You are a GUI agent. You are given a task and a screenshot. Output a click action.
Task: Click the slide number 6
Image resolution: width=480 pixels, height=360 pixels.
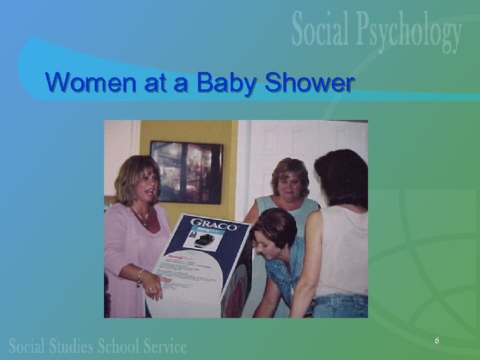[437, 341]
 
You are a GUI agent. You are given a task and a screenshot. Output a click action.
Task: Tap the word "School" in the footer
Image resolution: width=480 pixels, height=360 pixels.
[123, 347]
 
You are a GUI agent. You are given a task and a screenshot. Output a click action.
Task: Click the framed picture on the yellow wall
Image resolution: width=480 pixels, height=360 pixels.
[186, 171]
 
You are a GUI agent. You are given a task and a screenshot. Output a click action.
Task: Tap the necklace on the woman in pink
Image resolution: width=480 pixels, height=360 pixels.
[141, 217]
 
